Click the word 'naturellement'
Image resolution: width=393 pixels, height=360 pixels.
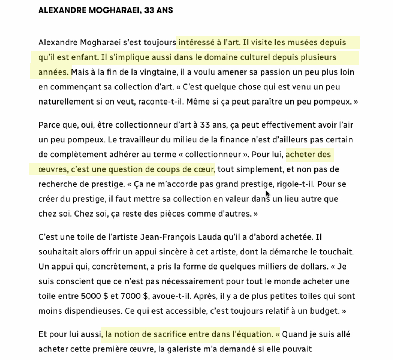(61, 102)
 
